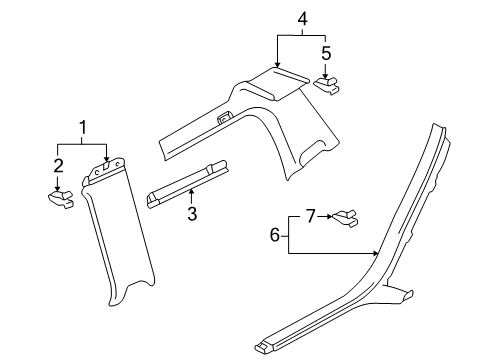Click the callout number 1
tap(83, 128)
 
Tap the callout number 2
tap(58, 166)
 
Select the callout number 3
tap(192, 214)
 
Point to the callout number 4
tap(302, 19)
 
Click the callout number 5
tap(326, 53)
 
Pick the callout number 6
tap(274, 235)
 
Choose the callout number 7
tap(310, 216)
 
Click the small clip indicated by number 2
tap(61, 199)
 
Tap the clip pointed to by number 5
tap(327, 85)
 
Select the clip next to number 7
tap(345, 218)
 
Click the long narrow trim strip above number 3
tap(187, 184)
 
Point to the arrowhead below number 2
tap(57, 189)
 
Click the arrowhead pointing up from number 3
tap(191, 191)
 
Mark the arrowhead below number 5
tap(325, 76)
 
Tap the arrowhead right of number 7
tap(329, 216)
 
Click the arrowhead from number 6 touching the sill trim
tap(376, 254)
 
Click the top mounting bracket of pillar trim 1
tap(104, 171)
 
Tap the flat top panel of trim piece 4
tap(279, 83)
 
